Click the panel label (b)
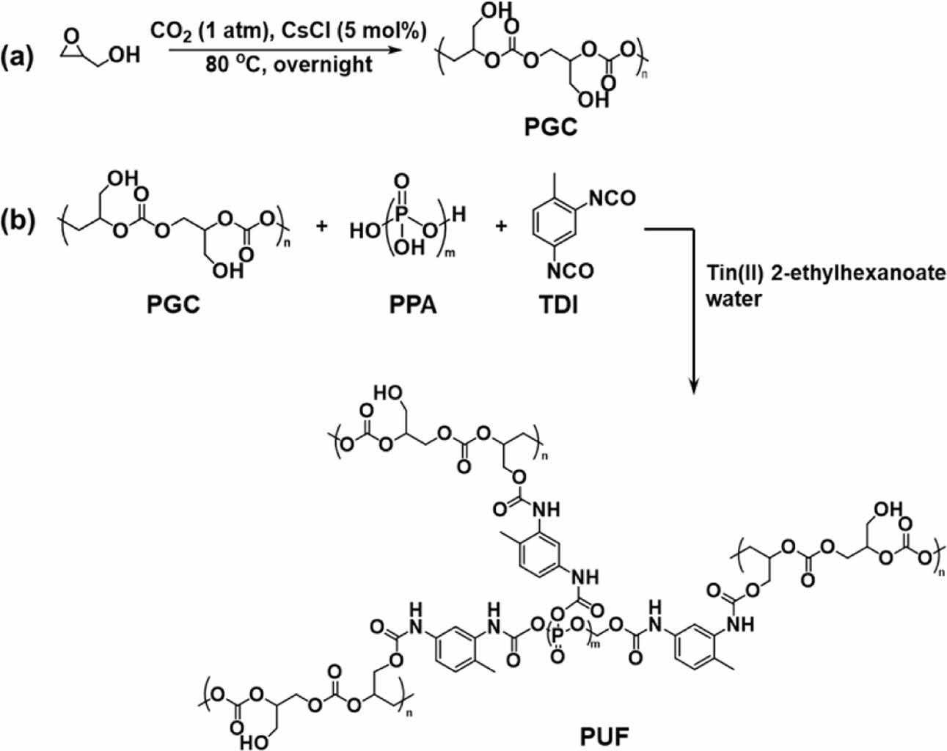coord(18,221)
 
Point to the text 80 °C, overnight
coord(289,65)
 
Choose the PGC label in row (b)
coord(173,303)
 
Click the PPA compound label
coord(413,303)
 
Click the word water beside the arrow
coord(734,299)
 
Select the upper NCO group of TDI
coord(612,198)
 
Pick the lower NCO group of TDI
coord(571,271)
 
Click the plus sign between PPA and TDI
coord(501,227)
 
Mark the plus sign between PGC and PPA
coord(321,227)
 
